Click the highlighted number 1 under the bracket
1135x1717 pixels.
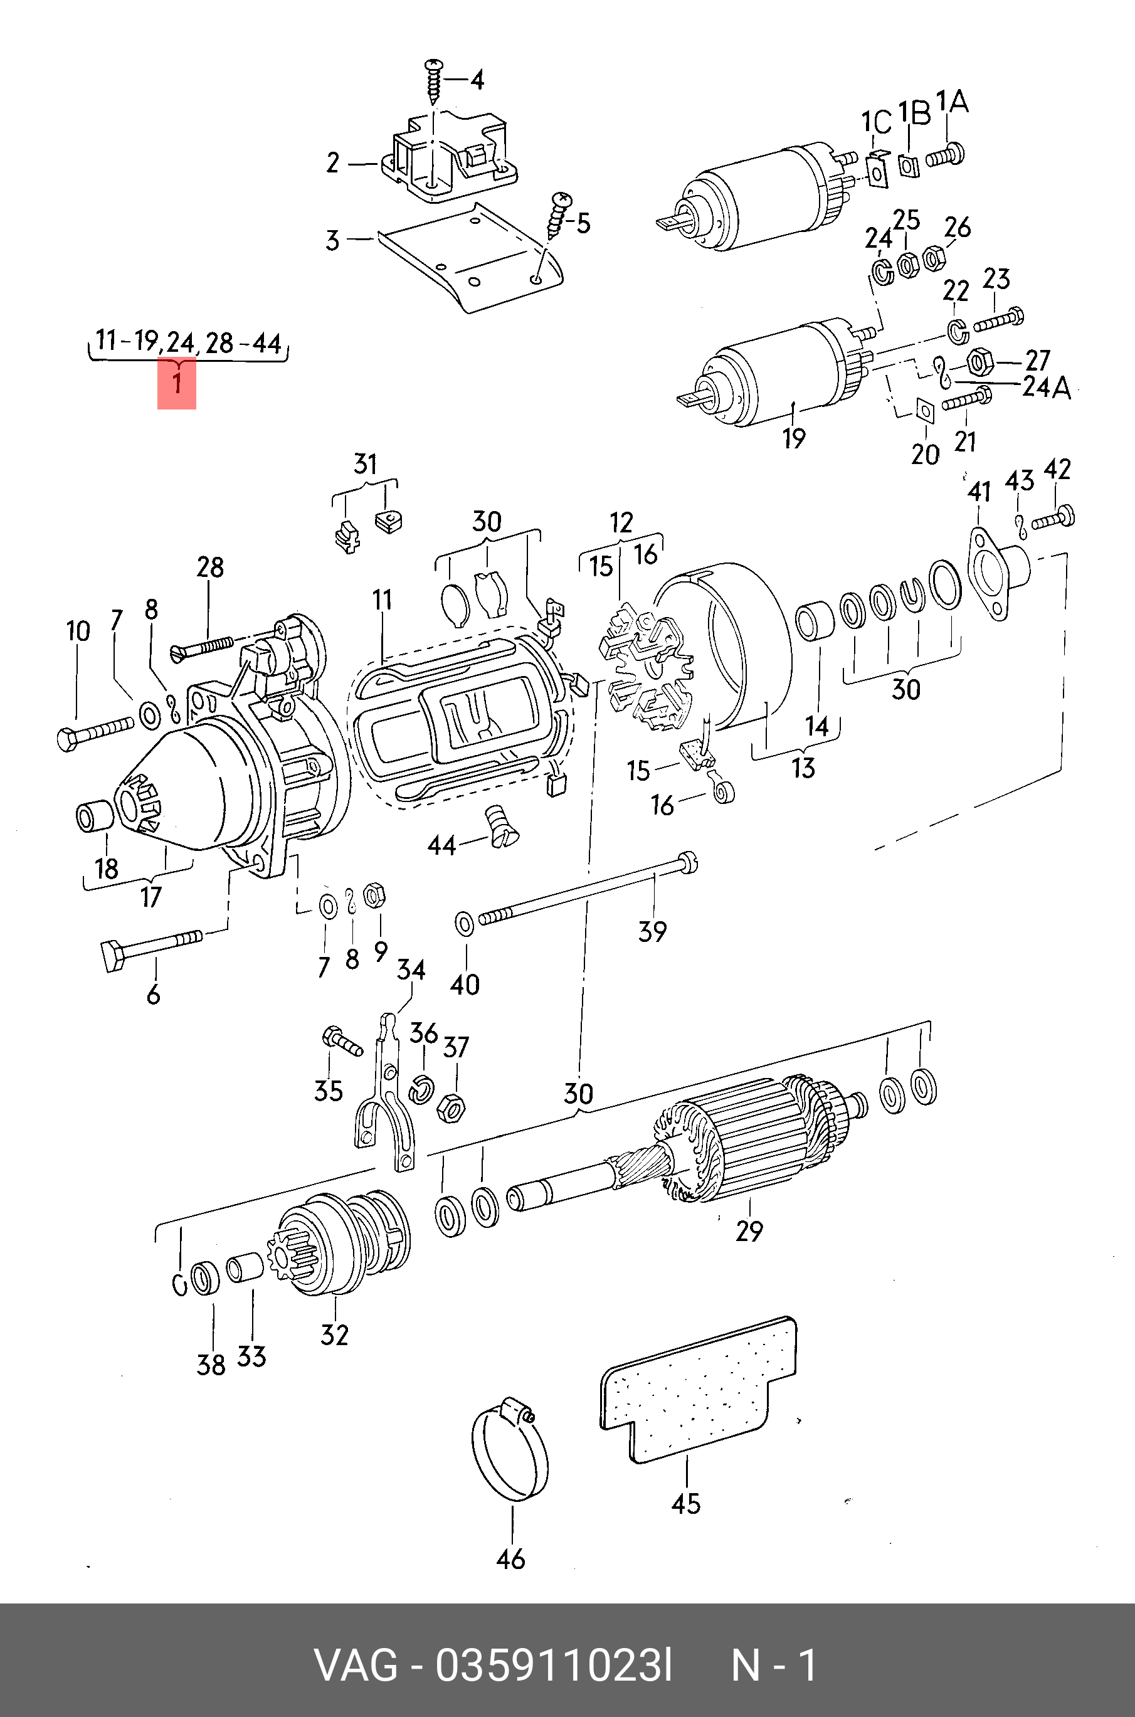point(177,382)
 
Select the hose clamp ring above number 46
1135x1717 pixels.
point(510,1454)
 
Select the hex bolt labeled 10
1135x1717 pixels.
point(95,731)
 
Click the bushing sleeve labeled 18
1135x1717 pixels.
point(95,816)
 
